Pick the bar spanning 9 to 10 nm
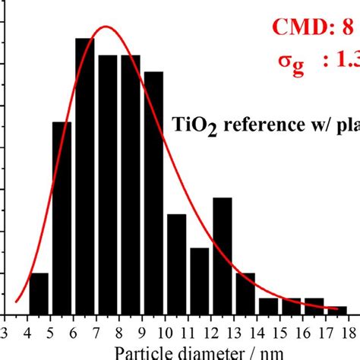click(153, 193)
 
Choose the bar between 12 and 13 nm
click(222, 255)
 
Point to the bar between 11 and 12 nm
click(199, 280)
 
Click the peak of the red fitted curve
click(106, 27)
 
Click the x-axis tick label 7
click(96, 330)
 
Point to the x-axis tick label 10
click(164, 330)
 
